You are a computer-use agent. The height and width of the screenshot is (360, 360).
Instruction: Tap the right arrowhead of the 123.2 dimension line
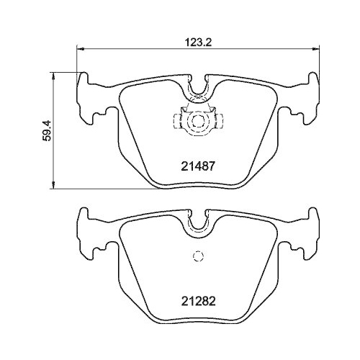point(317,49)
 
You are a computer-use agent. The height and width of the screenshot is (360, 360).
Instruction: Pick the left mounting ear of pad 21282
point(91,233)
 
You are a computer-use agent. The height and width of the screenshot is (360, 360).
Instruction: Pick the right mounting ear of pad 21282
point(305,233)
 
